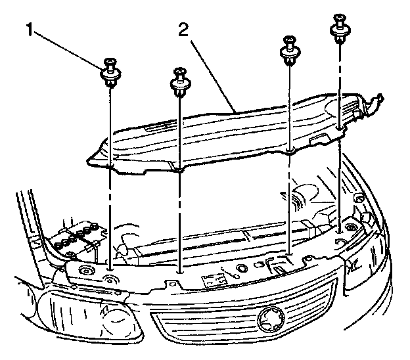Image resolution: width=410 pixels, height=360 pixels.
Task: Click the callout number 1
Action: click(28, 30)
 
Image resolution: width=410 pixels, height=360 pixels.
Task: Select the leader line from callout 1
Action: click(68, 48)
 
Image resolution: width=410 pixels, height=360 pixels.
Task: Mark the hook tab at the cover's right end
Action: click(375, 102)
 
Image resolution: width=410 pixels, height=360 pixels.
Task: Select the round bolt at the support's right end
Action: click(349, 228)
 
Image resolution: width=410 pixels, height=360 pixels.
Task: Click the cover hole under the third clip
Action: click(290, 150)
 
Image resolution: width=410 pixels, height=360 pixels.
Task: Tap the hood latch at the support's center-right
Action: click(279, 268)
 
